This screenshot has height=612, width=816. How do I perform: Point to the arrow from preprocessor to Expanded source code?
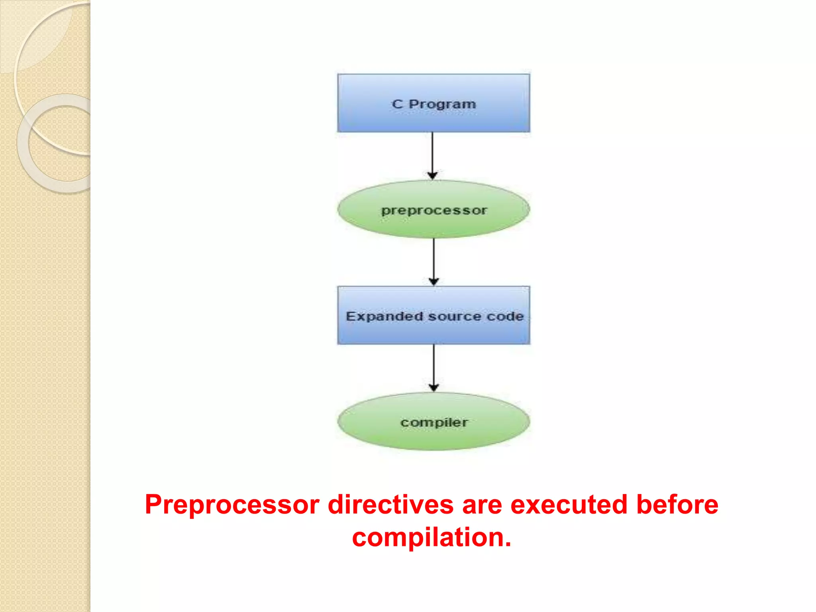coord(434,259)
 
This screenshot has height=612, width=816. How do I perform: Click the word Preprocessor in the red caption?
coord(232,505)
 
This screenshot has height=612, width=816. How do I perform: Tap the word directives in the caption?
coord(390,505)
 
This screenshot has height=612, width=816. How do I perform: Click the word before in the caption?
coord(677,505)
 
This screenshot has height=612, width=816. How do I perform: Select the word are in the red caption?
coord(482,505)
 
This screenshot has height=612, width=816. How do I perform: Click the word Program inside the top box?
coord(442,104)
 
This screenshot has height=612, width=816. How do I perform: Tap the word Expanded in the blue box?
coord(384,316)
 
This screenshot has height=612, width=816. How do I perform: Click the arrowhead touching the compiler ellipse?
coord(434,387)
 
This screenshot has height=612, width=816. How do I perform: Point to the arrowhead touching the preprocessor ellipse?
coord(433,175)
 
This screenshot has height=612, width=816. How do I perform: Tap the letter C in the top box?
coord(397,104)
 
